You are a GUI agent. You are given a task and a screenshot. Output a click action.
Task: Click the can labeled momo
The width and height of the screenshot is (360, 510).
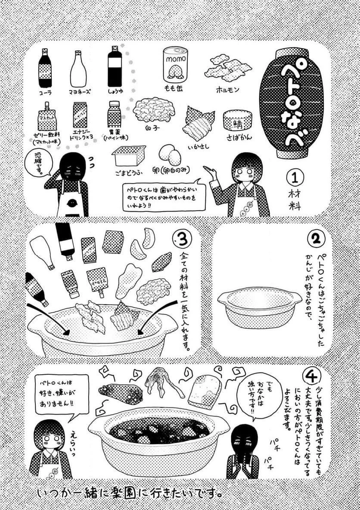click(x=175, y=65)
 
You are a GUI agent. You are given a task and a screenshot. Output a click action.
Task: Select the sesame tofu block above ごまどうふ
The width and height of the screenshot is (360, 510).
click(x=129, y=155)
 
